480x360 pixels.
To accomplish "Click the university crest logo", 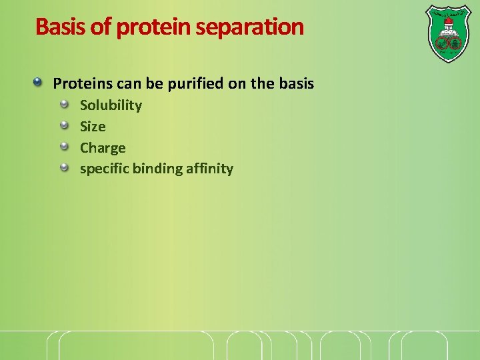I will [x=447, y=33].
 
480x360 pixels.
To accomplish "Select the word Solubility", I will [x=111, y=105].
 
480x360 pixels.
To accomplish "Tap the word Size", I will [x=93, y=127].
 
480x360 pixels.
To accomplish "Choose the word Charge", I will [x=103, y=148].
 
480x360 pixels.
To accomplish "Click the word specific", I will [x=104, y=169].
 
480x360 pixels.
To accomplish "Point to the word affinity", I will [x=210, y=169].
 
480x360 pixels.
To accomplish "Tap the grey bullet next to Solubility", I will [x=65, y=104].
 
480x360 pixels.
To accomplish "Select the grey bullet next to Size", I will [x=65, y=125].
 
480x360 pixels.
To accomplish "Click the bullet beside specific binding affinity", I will [x=65, y=167].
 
